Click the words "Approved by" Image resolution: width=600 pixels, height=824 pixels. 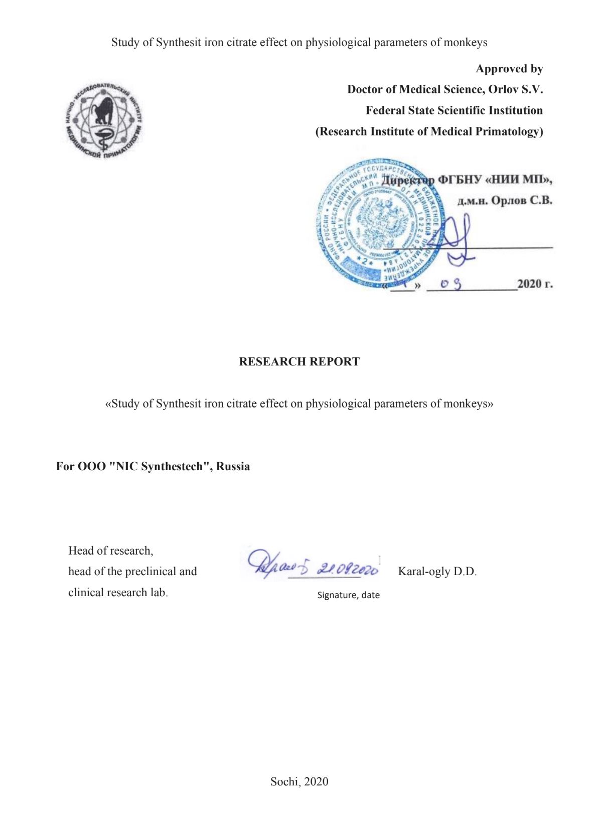tap(509, 69)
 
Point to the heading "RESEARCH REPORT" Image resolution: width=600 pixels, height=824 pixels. tap(299, 362)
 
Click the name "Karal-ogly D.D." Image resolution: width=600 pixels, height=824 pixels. tap(437, 572)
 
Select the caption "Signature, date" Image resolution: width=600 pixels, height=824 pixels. tap(348, 595)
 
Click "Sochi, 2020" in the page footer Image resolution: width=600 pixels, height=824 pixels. tap(299, 781)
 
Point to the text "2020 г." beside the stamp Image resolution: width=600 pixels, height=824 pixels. tap(535, 284)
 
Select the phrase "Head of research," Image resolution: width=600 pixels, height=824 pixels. tap(111, 551)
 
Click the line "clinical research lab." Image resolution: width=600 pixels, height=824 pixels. tap(118, 593)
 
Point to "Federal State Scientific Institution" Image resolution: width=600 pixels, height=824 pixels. tap(454, 110)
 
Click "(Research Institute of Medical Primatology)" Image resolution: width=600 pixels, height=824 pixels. tap(429, 131)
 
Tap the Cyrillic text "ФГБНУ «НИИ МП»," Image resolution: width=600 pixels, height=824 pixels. tap(495, 180)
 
